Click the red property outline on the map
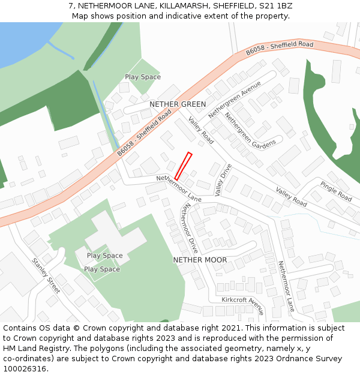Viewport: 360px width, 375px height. click(x=183, y=166)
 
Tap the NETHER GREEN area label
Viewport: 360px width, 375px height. click(x=178, y=104)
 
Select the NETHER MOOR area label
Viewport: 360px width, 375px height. click(x=200, y=260)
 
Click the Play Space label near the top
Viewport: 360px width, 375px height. click(x=143, y=77)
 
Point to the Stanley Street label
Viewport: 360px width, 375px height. click(x=46, y=275)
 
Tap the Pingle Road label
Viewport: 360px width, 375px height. click(x=336, y=191)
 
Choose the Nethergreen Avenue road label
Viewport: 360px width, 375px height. click(x=235, y=98)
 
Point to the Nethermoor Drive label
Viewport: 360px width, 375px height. click(x=191, y=227)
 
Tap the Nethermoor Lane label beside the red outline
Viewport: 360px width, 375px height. click(x=179, y=188)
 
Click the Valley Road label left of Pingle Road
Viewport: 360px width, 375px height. click(x=291, y=197)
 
